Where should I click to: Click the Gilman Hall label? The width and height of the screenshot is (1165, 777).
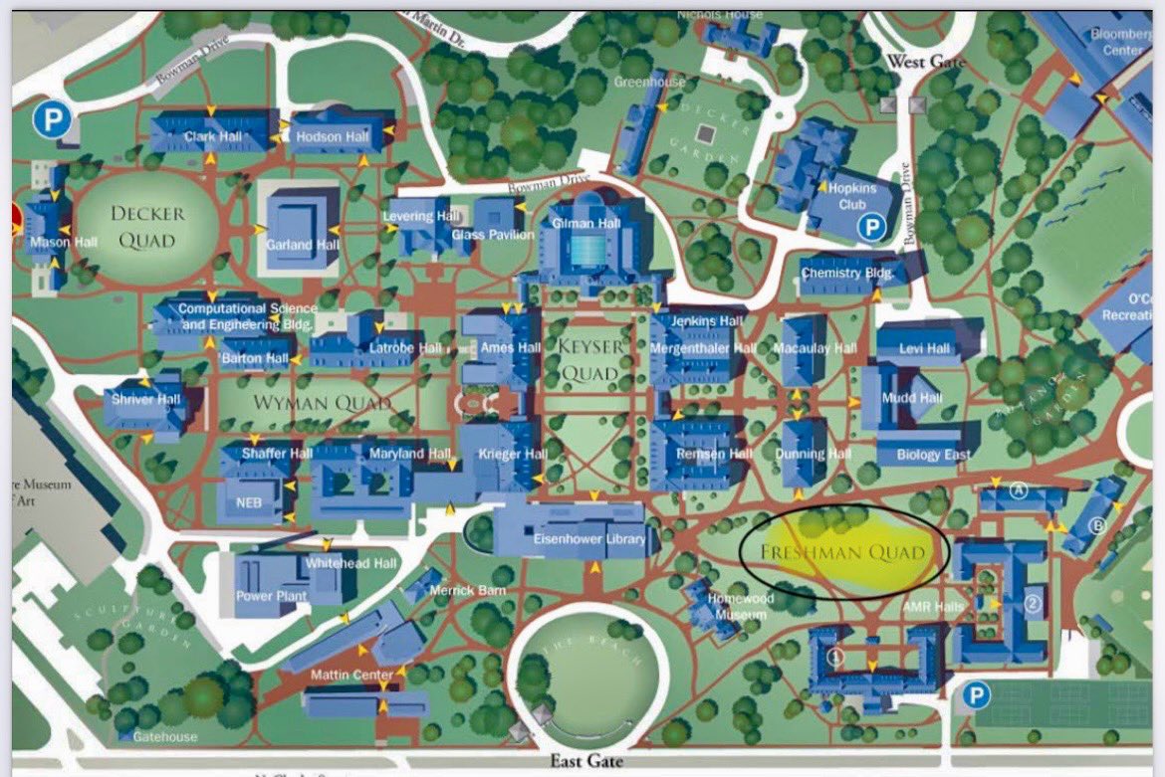click(594, 224)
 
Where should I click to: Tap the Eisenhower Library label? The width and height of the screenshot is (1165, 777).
click(591, 540)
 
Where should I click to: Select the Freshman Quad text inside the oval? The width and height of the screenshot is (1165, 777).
click(842, 552)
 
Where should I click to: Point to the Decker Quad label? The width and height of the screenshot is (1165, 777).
click(147, 227)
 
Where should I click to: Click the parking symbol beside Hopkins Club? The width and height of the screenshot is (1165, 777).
click(872, 228)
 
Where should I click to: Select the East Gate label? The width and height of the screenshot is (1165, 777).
click(586, 761)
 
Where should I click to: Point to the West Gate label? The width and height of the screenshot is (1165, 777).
click(926, 62)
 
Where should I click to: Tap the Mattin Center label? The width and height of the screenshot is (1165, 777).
click(351, 676)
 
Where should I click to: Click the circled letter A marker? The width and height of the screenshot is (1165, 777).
click(1018, 489)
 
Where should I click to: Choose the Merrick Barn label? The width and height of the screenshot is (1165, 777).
click(467, 591)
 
